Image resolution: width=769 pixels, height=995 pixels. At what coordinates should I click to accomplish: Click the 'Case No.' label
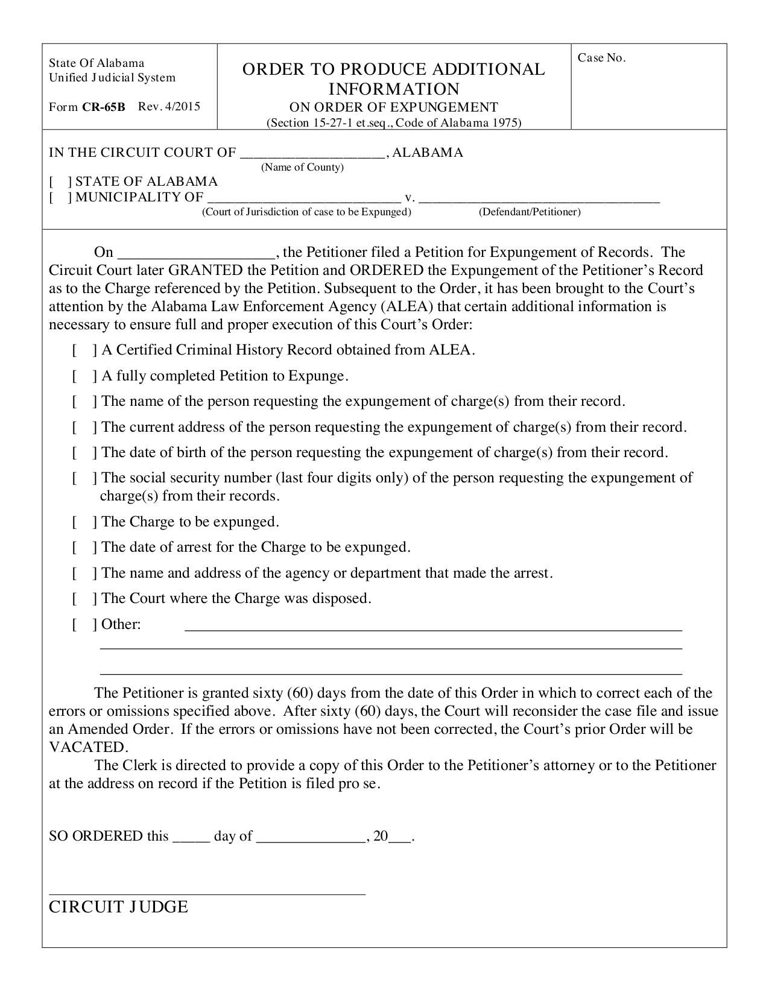pos(601,58)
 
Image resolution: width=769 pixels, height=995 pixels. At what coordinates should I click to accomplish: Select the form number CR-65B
pos(104,107)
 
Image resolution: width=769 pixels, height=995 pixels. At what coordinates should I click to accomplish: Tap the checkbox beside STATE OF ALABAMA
pos(61,182)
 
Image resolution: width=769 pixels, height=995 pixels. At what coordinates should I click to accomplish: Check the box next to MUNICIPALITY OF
pos(61,197)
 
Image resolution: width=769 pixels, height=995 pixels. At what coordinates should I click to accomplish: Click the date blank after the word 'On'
pos(197,253)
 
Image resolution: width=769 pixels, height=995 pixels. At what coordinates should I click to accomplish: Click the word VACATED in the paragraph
pos(87,748)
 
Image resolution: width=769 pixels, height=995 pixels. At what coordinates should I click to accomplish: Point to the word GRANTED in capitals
pos(205,270)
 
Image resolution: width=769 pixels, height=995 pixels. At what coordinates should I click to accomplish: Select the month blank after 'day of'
pos(311,838)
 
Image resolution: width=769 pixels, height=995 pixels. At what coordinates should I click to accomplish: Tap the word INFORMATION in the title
pos(393,89)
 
